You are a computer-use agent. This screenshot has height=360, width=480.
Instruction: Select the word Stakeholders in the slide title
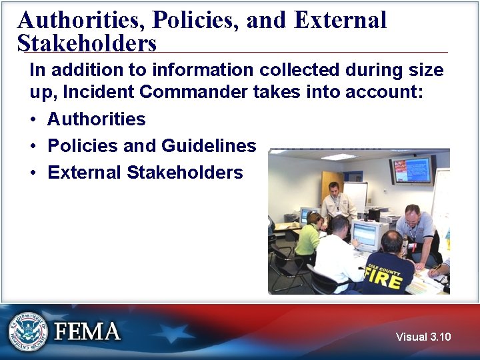point(87,44)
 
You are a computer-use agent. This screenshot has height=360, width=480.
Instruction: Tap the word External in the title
point(340,20)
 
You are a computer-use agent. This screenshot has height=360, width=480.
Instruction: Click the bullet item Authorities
point(97,119)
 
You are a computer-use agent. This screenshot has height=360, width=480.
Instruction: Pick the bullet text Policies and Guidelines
point(151,146)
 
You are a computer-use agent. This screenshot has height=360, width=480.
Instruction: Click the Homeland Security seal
point(28,331)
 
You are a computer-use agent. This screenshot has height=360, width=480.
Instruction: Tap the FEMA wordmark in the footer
point(87,331)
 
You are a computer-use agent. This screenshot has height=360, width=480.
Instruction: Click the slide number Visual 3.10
point(423,337)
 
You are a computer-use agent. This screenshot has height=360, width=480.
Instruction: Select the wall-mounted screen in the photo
point(412,169)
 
